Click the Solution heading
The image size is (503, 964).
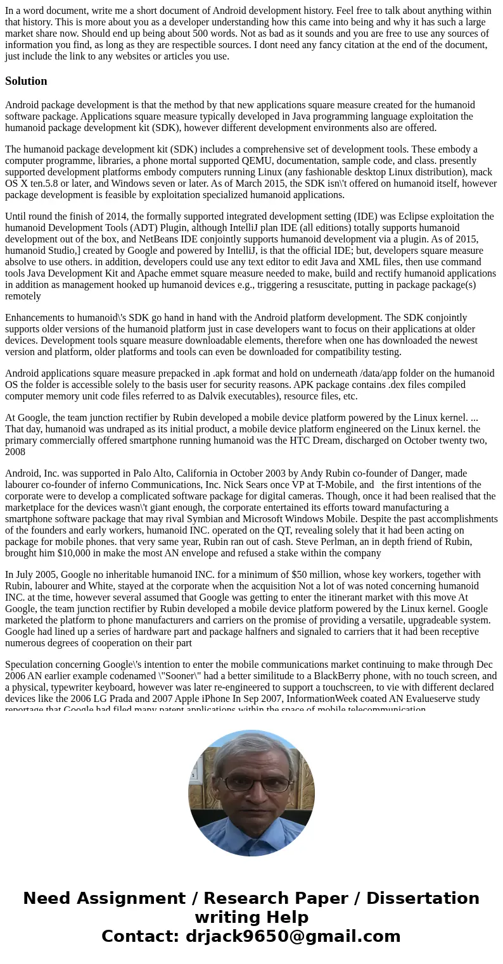(x=26, y=81)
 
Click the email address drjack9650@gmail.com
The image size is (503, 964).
(x=293, y=937)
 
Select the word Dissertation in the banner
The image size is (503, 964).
(x=423, y=899)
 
